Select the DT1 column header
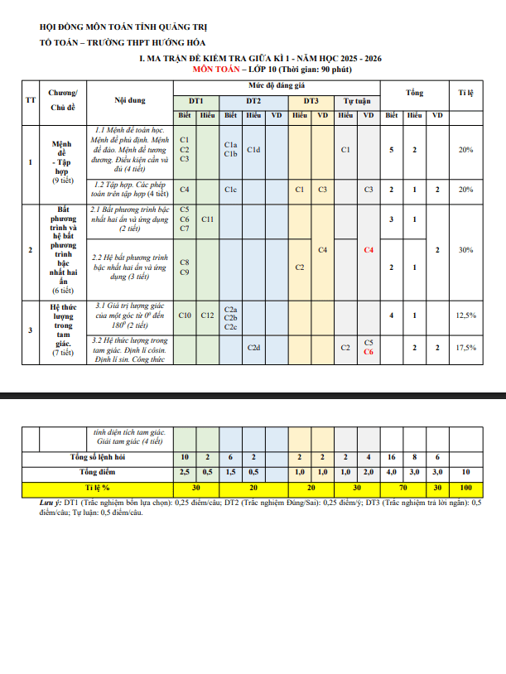(196, 99)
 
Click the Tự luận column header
(357, 99)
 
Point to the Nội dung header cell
(130, 100)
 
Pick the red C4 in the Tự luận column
(369, 249)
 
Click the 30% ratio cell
(465, 249)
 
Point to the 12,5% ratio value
(465, 315)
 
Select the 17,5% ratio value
(465, 348)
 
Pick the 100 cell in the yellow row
(465, 488)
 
